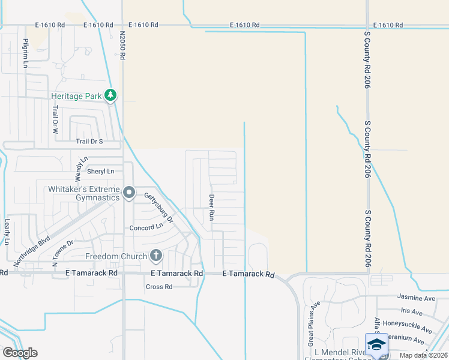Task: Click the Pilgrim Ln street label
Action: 25,53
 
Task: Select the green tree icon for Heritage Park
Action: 110,95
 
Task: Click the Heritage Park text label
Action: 76,96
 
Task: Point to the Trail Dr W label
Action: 55,119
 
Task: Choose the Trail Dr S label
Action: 89,142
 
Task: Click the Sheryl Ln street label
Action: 100,172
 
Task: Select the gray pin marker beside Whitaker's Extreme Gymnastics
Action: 129,193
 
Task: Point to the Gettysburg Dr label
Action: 159,208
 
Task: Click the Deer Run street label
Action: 211,207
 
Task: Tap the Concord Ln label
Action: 146,227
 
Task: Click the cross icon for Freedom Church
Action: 155,256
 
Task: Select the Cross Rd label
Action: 159,287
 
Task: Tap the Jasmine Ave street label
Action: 417,297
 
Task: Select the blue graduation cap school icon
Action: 376,344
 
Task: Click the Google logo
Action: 20,353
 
